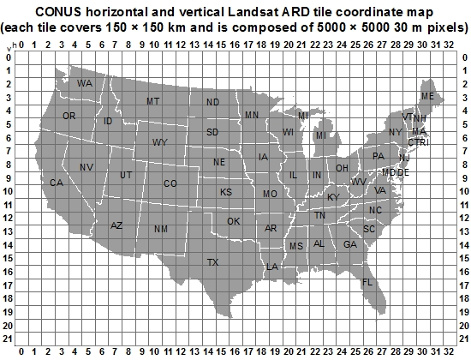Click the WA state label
(84, 83)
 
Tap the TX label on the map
(212, 262)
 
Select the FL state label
(367, 283)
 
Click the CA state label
(57, 183)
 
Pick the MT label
(153, 101)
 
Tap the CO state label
(170, 183)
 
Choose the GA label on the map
(349, 244)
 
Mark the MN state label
(251, 115)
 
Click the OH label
(342, 168)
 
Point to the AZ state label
(117, 225)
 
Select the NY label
(395, 132)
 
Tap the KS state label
(226, 192)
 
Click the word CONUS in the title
(60, 11)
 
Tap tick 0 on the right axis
(464, 57)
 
